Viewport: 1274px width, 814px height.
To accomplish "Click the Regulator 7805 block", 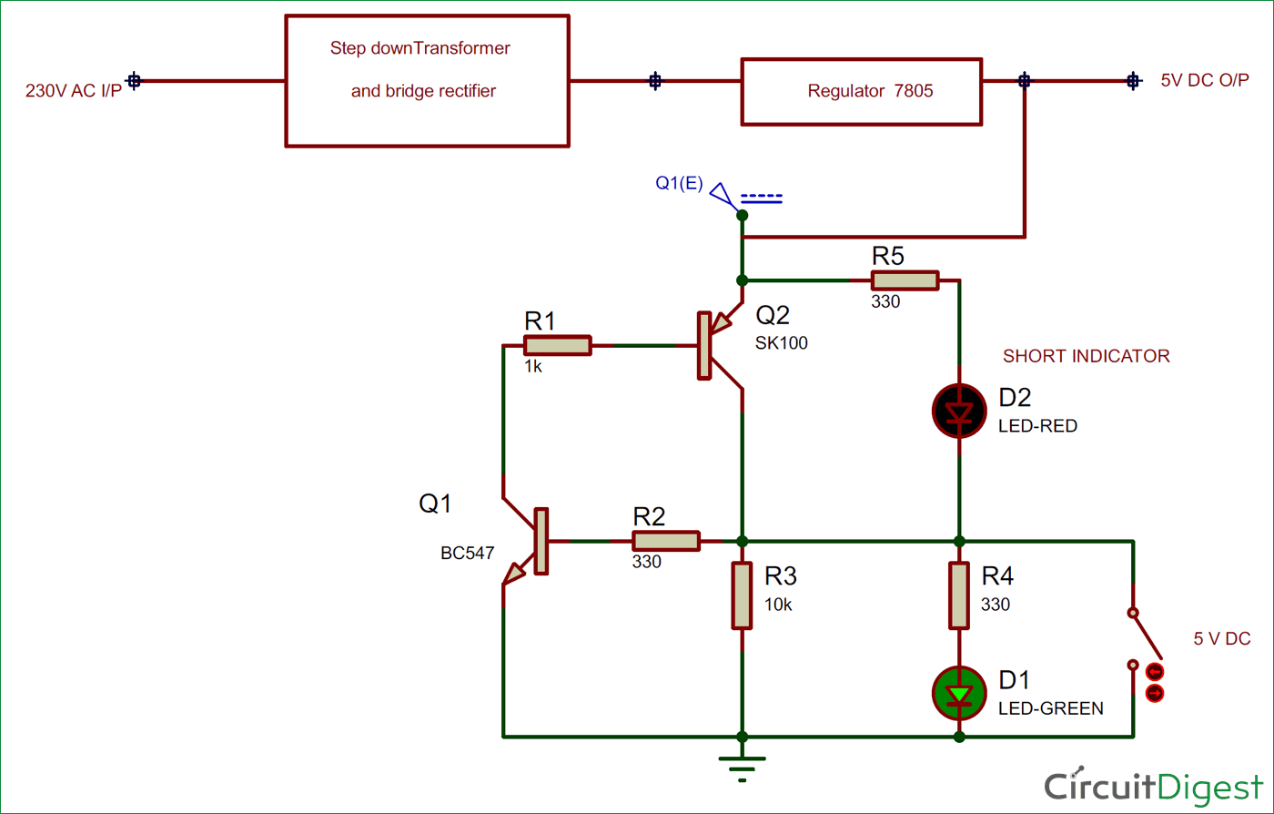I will point(861,91).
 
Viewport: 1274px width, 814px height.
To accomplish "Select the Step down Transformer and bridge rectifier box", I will point(427,80).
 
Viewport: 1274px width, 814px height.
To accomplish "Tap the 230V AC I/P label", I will point(73,92).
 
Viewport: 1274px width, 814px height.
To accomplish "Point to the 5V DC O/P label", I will point(1205,80).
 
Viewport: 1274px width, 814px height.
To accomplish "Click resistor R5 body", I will point(905,280).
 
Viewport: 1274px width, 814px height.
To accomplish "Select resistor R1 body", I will point(557,345).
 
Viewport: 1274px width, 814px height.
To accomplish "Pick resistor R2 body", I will point(666,541).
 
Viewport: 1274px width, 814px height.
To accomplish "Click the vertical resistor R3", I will point(743,595).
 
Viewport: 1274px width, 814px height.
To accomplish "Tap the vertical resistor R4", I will point(959,595).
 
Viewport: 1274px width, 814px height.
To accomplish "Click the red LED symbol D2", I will point(959,412).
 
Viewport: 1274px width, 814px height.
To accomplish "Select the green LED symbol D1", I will point(959,694).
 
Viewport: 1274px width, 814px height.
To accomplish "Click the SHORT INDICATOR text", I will point(1086,356).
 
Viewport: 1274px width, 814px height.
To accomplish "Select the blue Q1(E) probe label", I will point(679,184).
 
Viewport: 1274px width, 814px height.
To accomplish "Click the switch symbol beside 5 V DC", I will point(1135,637).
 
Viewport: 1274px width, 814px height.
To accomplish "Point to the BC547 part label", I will point(467,553).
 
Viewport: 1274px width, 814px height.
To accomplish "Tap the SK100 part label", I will point(781,343).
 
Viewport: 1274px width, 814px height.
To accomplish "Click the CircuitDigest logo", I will point(1153,786).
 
